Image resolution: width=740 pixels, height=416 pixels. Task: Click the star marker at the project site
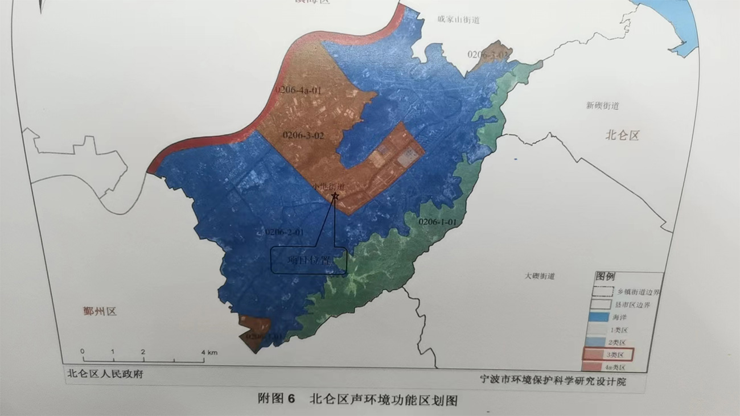pyautogui.click(x=335, y=196)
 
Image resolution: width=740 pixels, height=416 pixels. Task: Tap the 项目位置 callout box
pyautogui.click(x=309, y=261)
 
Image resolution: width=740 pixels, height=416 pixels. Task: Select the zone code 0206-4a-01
pyautogui.click(x=295, y=90)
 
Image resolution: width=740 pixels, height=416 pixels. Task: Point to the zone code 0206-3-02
pyautogui.click(x=303, y=135)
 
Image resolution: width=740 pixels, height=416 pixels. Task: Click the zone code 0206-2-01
pyautogui.click(x=284, y=232)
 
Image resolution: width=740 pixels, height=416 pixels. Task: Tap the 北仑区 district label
pyautogui.click(x=622, y=135)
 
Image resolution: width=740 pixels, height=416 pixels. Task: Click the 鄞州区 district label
pyautogui.click(x=99, y=311)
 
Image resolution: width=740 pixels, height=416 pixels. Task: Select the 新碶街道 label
pyautogui.click(x=602, y=106)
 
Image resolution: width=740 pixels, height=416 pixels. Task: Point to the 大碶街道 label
pyautogui.click(x=540, y=276)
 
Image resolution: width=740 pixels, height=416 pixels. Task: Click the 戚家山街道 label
pyautogui.click(x=458, y=20)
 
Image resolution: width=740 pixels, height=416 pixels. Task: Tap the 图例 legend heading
pyautogui.click(x=605, y=277)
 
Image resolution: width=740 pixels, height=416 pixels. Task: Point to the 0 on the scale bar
pyautogui.click(x=83, y=351)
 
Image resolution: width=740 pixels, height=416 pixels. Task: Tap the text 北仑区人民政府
pyautogui.click(x=105, y=374)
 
